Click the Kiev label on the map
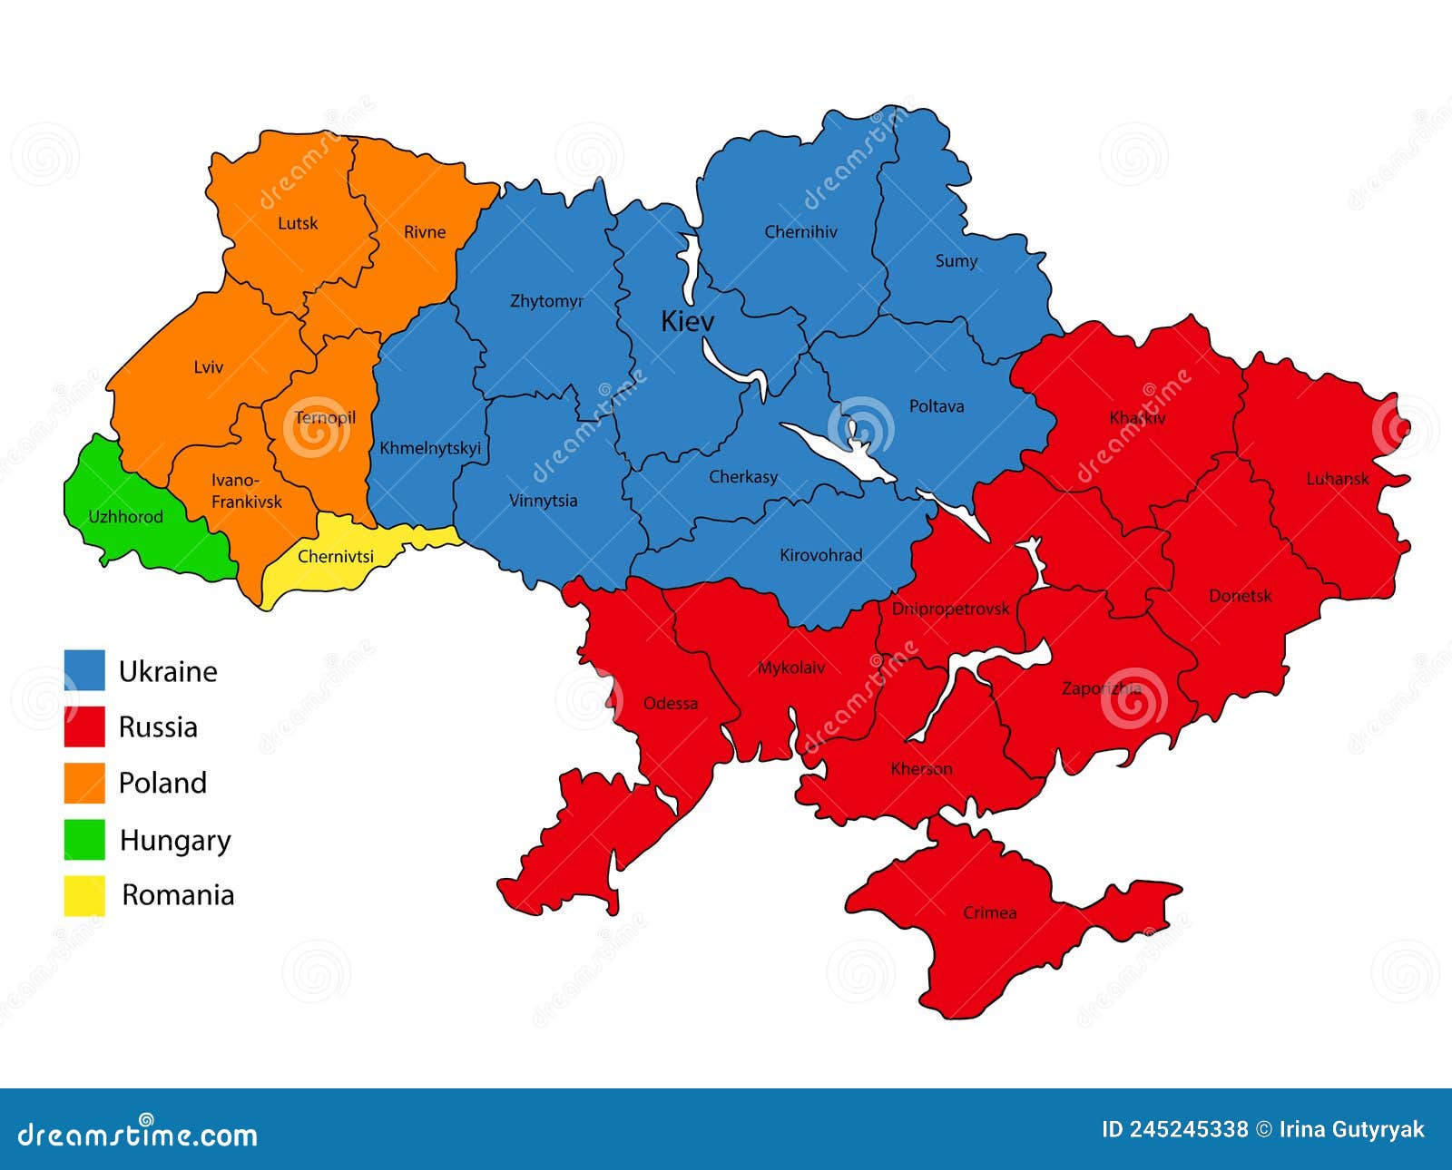(687, 321)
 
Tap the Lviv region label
(208, 367)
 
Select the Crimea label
(989, 912)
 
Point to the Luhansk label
(1337, 479)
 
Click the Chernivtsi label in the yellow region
(335, 557)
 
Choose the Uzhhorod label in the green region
(125, 517)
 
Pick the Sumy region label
(956, 261)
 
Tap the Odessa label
(670, 704)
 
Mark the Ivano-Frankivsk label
(246, 491)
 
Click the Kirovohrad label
(820, 555)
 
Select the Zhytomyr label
(546, 301)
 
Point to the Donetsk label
(1240, 596)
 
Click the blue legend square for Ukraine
(84, 670)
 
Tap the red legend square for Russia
(84, 726)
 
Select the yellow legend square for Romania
(84, 895)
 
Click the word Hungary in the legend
(175, 841)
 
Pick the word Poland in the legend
(162, 783)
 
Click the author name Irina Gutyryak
(1351, 1129)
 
